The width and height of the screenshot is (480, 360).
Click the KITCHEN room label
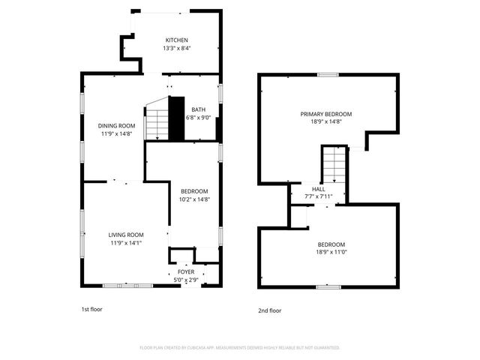(176, 40)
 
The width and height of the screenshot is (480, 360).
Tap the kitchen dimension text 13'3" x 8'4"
(176, 49)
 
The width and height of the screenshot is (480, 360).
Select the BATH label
(198, 109)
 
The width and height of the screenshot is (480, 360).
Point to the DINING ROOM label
(116, 125)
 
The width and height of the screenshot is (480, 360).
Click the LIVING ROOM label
(126, 235)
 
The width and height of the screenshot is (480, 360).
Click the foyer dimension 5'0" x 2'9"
(185, 280)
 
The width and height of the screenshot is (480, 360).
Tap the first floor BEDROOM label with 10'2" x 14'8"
(193, 191)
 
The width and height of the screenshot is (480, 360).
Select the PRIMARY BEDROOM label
(326, 114)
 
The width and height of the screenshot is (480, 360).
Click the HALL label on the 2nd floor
(319, 189)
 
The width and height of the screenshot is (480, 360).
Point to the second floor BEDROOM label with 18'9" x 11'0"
(331, 244)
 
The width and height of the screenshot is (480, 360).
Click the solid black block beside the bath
(176, 118)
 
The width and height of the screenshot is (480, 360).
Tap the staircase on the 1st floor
(157, 120)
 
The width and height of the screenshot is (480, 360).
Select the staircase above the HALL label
(335, 163)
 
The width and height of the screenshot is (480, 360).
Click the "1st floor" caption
(91, 308)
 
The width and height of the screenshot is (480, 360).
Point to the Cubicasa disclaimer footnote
(240, 347)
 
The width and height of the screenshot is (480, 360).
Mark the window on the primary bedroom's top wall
(327, 74)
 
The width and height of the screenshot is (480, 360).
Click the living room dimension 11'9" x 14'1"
(126, 243)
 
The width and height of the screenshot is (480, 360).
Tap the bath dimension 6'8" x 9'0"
(198, 117)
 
